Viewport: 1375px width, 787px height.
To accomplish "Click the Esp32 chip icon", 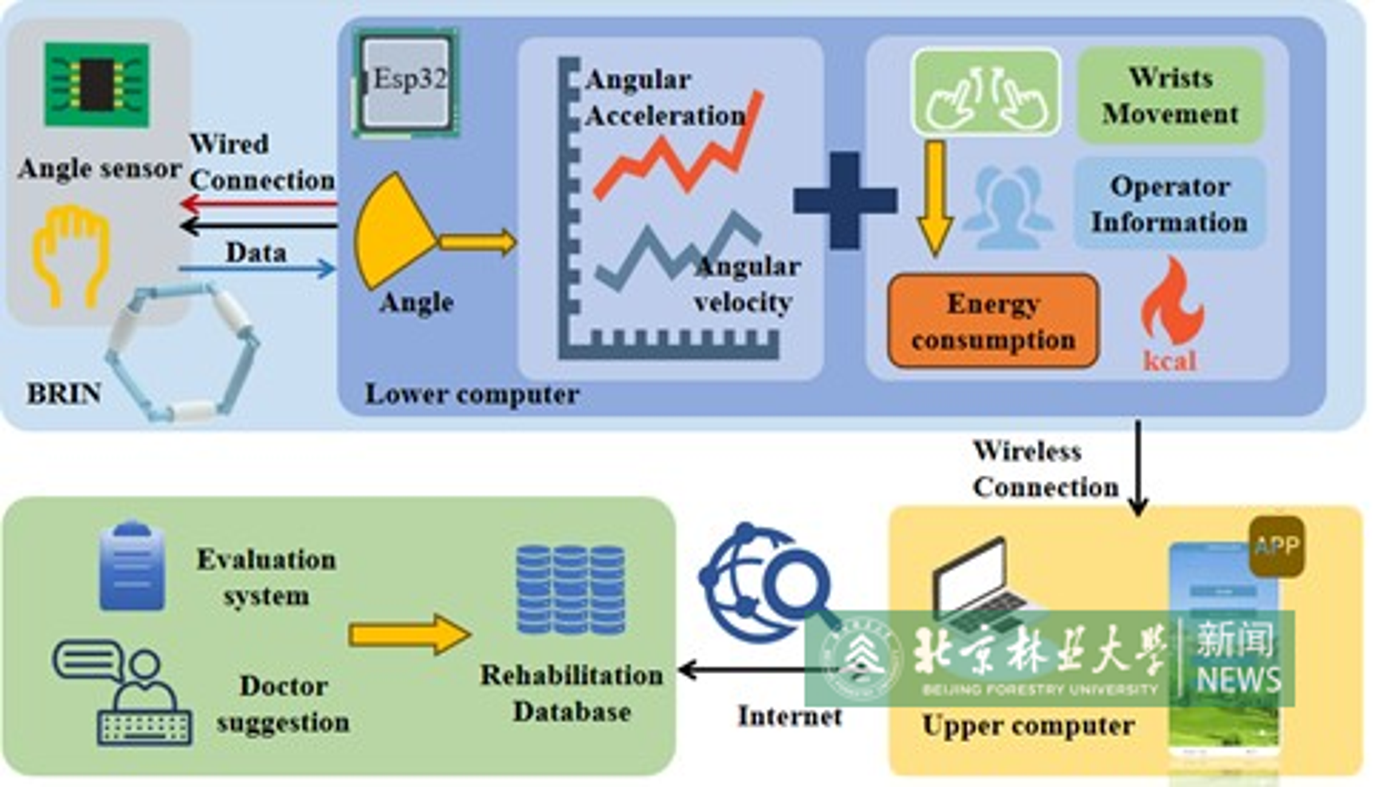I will click(407, 82).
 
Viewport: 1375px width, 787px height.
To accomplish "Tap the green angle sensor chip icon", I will click(97, 84).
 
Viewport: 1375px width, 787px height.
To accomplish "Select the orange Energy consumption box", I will click(993, 321).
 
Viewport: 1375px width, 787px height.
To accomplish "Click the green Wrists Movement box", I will click(1170, 96).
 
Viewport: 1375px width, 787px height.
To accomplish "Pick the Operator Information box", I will click(1169, 204).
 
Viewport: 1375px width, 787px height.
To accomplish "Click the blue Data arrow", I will click(258, 268).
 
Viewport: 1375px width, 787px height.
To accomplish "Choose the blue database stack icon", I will click(571, 590).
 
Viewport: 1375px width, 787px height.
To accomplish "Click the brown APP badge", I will click(1276, 546).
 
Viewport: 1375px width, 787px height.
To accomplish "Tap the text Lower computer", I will click(473, 395).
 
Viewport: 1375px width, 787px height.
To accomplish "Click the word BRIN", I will click(64, 394).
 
